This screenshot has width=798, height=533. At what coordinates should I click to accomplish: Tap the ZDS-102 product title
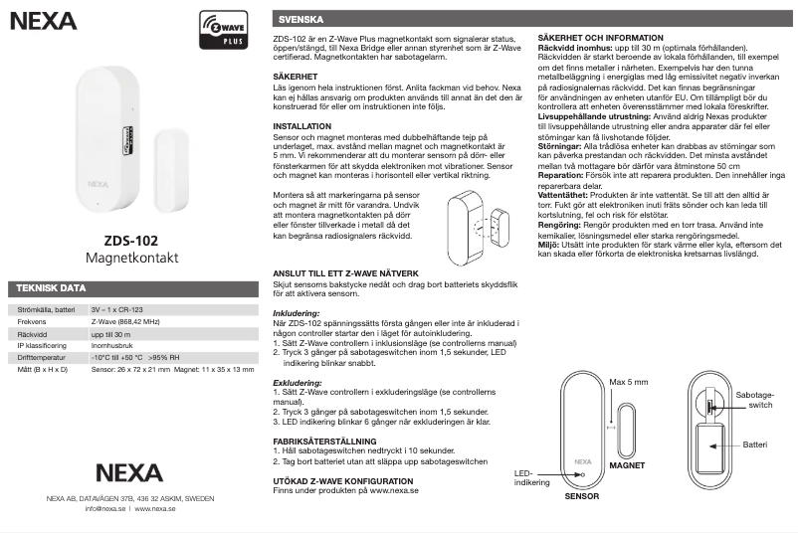pyautogui.click(x=130, y=240)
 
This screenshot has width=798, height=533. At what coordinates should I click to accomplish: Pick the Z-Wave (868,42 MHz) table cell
pyautogui.click(x=126, y=323)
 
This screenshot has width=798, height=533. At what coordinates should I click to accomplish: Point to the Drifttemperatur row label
pyautogui.click(x=42, y=356)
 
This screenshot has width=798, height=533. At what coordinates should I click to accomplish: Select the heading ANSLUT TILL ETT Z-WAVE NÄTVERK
pyautogui.click(x=351, y=271)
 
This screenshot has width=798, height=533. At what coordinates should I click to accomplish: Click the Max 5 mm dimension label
pyautogui.click(x=629, y=382)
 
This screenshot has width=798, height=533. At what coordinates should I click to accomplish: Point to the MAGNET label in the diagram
pyautogui.click(x=627, y=465)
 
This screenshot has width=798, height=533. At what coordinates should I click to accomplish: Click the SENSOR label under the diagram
pyautogui.click(x=583, y=495)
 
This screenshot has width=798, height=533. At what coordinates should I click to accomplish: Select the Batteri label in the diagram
pyautogui.click(x=755, y=445)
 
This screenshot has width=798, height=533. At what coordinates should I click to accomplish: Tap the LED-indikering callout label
pyautogui.click(x=531, y=477)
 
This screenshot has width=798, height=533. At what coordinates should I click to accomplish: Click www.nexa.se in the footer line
pyautogui.click(x=155, y=508)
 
